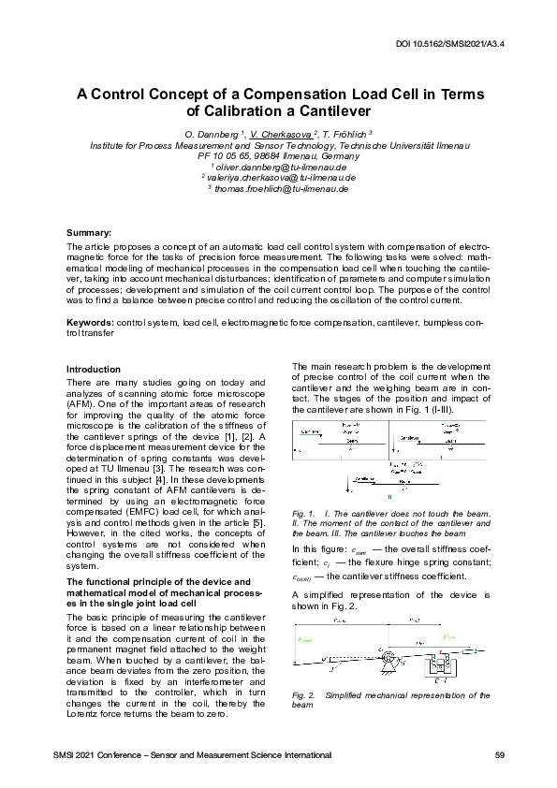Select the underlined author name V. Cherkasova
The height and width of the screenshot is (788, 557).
281,136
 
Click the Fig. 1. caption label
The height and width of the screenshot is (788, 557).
303,514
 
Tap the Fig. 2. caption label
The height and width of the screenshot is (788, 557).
303,695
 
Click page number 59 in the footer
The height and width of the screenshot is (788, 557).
499,754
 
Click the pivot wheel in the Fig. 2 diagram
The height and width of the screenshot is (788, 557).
381,654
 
